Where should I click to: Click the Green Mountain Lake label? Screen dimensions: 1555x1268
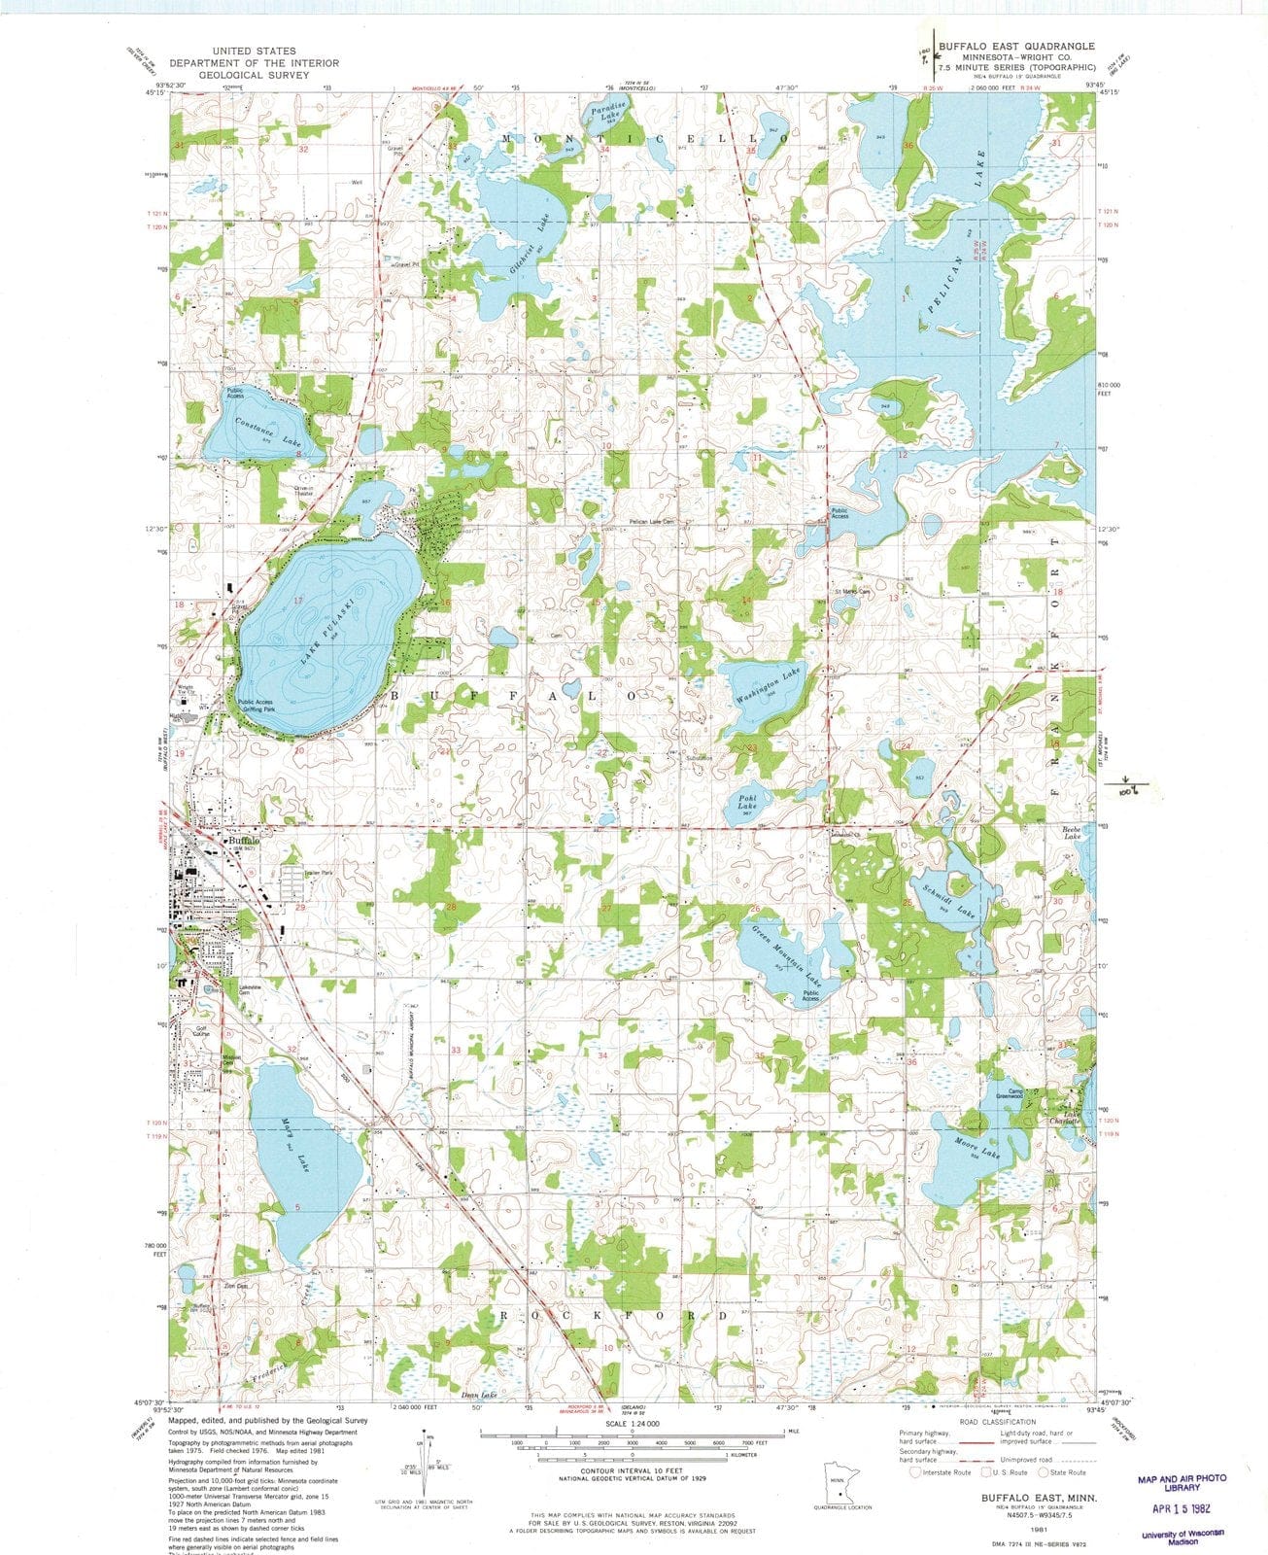pyautogui.click(x=787, y=952)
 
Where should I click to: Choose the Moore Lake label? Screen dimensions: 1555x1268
pyautogui.click(x=977, y=1147)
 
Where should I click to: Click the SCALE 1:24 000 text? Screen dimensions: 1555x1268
pyautogui.click(x=632, y=1423)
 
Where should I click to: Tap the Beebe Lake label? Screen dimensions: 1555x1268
pyautogui.click(x=1072, y=832)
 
